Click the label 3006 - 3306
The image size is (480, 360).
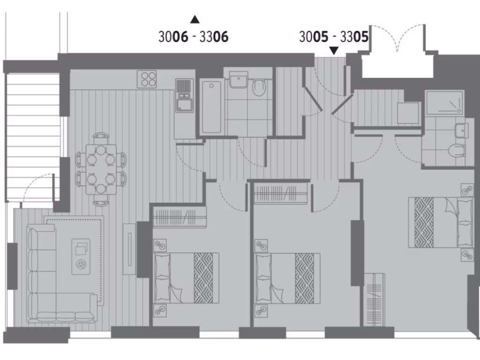[194, 37]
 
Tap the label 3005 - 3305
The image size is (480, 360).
[334, 37]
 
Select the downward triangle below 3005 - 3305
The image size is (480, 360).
[334, 50]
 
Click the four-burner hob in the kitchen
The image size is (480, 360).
[147, 79]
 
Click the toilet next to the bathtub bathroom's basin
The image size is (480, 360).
[259, 87]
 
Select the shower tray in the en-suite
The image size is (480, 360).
[444, 103]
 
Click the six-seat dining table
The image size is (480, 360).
[101, 169]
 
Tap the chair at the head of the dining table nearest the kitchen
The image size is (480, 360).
[101, 137]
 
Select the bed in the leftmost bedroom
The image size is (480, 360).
[186, 278]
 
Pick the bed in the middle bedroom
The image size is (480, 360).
[287, 278]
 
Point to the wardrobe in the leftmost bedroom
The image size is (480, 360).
[180, 217]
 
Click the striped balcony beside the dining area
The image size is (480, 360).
[33, 136]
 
